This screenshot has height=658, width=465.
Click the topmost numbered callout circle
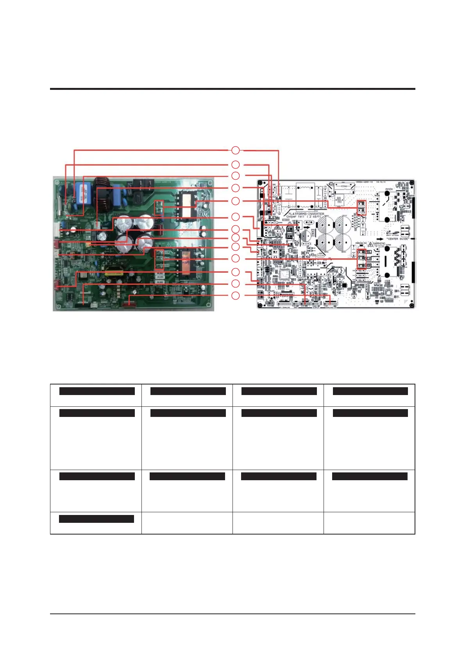click(x=235, y=150)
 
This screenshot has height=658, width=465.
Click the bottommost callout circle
click(x=235, y=295)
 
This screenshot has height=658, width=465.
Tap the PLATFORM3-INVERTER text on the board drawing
click(x=306, y=214)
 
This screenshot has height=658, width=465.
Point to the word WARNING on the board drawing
click(x=379, y=244)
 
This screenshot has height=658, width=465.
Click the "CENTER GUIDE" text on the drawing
click(x=397, y=239)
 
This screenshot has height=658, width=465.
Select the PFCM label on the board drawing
click(x=389, y=189)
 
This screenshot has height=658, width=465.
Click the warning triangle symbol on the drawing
click(x=370, y=244)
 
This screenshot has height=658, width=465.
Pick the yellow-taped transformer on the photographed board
click(x=112, y=270)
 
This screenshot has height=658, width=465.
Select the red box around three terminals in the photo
click(x=159, y=260)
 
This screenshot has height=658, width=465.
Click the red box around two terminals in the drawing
click(x=361, y=208)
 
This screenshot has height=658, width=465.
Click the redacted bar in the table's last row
click(x=97, y=519)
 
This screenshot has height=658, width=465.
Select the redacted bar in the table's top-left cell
click(x=97, y=391)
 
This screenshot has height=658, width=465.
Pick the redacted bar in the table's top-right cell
click(x=370, y=391)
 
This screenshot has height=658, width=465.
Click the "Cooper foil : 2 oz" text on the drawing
click(x=304, y=217)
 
